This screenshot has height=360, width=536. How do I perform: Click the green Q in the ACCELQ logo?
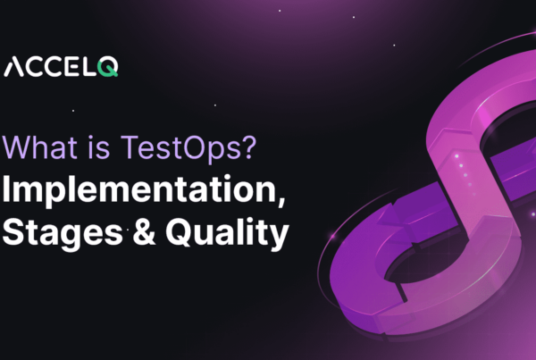[x=108, y=68]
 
